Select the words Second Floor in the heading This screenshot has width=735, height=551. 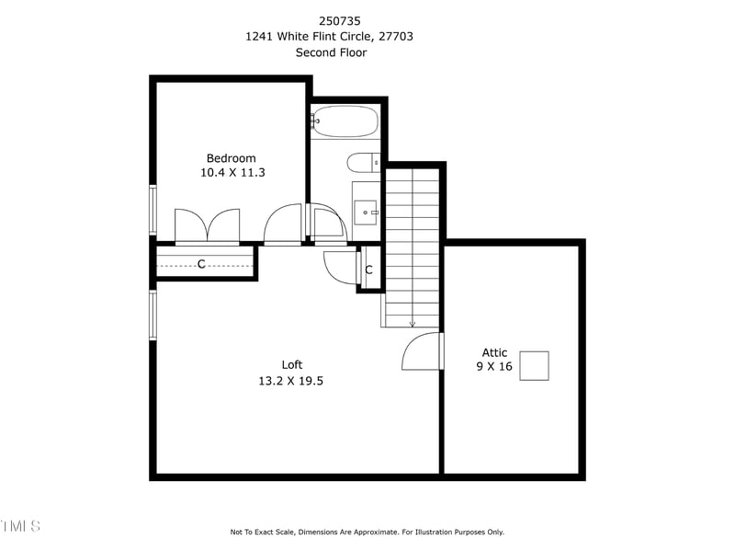[x=331, y=52]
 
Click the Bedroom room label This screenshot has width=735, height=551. [x=231, y=158]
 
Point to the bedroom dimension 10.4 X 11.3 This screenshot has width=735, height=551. [x=232, y=172]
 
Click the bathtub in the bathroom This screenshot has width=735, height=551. [x=345, y=121]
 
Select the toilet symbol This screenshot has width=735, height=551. [x=363, y=163]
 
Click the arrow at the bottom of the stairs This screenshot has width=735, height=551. [x=412, y=323]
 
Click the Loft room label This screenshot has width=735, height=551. [x=291, y=364]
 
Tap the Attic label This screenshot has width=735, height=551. [x=494, y=352]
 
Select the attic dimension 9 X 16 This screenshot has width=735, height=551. [x=493, y=366]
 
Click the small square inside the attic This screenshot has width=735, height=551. [x=534, y=365]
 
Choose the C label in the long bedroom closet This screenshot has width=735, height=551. [x=201, y=264]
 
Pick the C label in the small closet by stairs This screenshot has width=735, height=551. [x=368, y=270]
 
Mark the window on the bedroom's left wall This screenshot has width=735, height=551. [x=153, y=210]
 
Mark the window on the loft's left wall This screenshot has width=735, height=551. [x=153, y=316]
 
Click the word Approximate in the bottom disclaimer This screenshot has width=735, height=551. [x=374, y=532]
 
